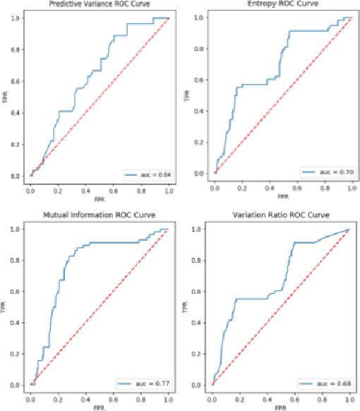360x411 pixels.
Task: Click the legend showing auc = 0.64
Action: coord(147,173)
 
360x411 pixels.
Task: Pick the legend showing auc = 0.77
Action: coord(147,384)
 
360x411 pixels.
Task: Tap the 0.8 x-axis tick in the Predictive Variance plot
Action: coord(141,191)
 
